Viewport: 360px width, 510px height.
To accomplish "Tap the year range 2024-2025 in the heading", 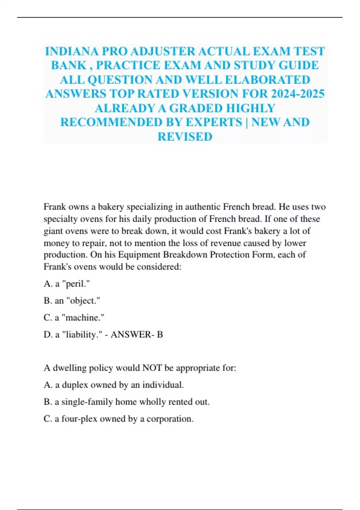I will [298, 94].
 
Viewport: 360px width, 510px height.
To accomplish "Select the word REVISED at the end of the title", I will [185, 137].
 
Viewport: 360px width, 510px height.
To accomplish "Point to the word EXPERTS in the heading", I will [214, 122].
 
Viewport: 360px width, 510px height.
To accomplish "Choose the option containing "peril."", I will [67, 283].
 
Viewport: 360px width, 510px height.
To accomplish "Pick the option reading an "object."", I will [72, 301].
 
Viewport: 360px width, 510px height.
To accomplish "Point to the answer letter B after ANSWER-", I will [160, 334].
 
